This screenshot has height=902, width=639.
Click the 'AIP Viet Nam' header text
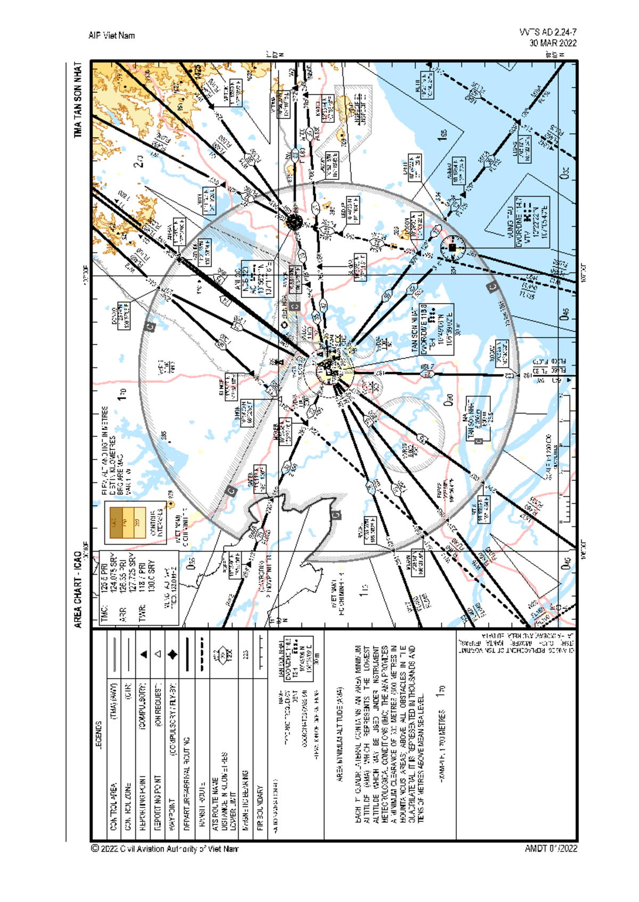click(111, 36)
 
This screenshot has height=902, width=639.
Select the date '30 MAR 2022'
click(552, 43)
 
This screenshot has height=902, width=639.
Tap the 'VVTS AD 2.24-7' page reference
click(547, 32)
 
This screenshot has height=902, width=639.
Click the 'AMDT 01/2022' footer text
click(551, 849)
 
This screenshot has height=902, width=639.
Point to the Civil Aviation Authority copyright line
click(165, 849)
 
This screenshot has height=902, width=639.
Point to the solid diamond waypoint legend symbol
click(173, 655)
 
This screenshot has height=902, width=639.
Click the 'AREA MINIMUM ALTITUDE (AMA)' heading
click(340, 734)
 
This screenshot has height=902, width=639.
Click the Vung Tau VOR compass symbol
click(453, 247)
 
